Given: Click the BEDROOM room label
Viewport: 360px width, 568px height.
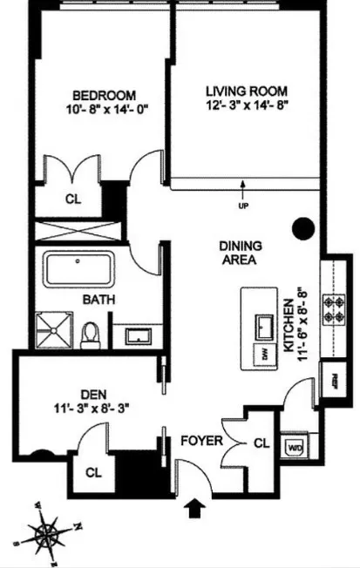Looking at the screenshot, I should pyautogui.click(x=104, y=94).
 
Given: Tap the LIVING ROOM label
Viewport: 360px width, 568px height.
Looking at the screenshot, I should pyautogui.click(x=246, y=91).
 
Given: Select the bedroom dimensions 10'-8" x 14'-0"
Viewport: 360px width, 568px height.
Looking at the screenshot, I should pyautogui.click(x=104, y=110).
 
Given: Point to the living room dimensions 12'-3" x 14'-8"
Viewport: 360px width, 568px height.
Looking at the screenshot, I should pyautogui.click(x=246, y=105).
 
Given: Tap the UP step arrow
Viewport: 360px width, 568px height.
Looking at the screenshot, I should pyautogui.click(x=241, y=185).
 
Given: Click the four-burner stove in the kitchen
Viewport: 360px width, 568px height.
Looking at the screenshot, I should pyautogui.click(x=333, y=306).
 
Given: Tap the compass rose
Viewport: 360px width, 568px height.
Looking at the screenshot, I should pyautogui.click(x=54, y=531).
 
